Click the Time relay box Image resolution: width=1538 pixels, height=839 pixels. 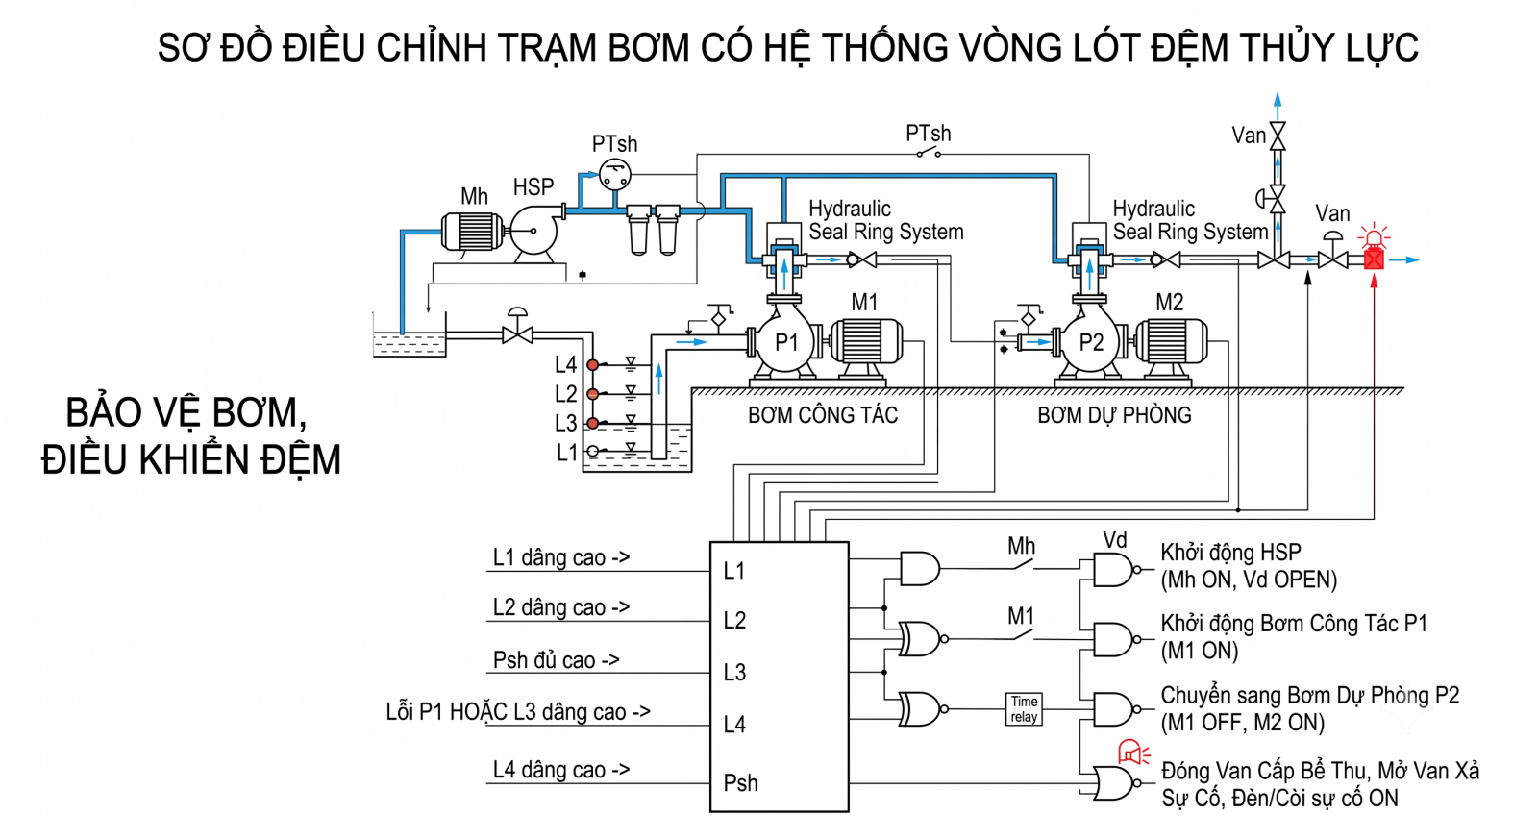point(1024,709)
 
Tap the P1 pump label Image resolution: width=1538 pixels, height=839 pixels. point(786,342)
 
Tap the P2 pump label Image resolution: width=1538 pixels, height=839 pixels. point(1091,342)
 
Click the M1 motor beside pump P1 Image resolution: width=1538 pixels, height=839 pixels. point(866,342)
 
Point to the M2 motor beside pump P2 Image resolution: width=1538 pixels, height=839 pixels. point(1172,342)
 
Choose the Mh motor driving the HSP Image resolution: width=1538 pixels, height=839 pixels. point(472,232)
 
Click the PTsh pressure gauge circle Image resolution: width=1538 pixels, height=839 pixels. point(614,174)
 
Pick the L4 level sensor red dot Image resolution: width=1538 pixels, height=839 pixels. point(592,365)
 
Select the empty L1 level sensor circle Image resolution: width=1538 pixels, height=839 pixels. point(592,451)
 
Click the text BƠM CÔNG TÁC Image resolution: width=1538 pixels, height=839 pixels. point(823,415)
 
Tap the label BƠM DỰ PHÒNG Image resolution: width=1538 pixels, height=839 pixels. point(1114,415)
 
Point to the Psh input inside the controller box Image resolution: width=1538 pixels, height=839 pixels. point(741,782)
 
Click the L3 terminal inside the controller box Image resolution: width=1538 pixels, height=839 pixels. point(734,672)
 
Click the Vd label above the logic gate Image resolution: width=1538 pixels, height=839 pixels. point(1114,540)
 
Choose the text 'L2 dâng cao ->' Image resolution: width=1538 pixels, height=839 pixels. point(561,607)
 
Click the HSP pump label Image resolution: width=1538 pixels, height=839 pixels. point(533,186)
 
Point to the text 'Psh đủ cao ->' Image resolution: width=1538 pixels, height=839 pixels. point(557,660)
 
